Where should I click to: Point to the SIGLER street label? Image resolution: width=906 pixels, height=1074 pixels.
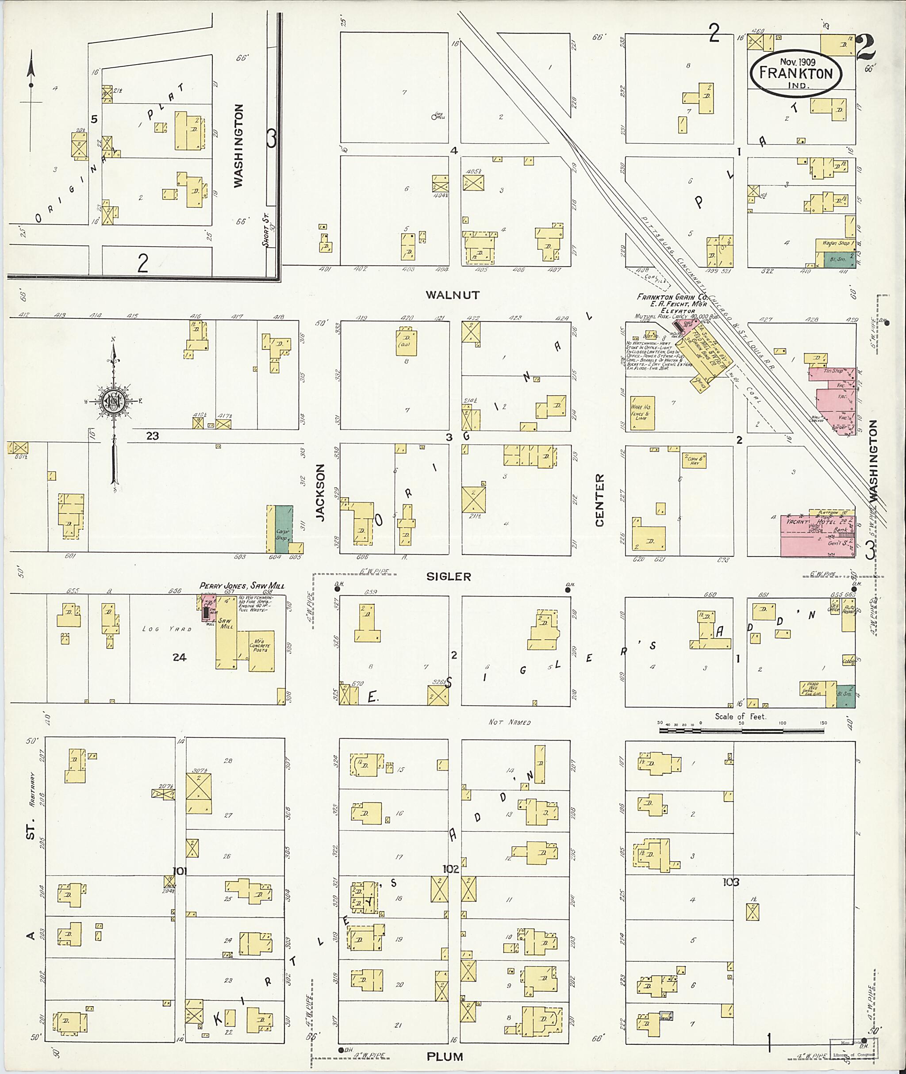449,577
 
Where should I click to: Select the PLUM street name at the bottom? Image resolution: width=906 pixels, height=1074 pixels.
445,1057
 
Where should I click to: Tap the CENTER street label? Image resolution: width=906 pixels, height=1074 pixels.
599,500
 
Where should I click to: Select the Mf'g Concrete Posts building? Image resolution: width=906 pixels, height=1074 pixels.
262,650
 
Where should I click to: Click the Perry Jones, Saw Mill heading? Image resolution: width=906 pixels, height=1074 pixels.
242,586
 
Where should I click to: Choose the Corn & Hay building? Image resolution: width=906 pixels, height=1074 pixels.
694,460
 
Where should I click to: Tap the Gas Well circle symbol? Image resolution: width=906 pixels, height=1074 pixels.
434,117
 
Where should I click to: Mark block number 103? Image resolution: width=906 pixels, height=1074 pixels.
730,882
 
